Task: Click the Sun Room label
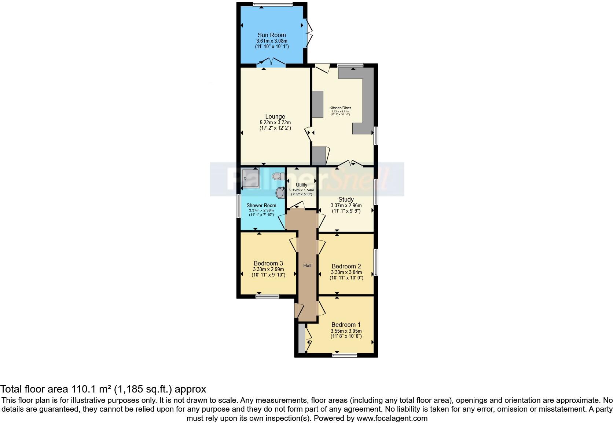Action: pyautogui.click(x=271, y=35)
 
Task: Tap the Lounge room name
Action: pyautogui.click(x=275, y=117)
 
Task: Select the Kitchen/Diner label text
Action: pyautogui.click(x=341, y=108)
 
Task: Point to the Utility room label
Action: pyautogui.click(x=302, y=185)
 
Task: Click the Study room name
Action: pyautogui.click(x=346, y=200)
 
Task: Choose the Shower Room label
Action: pyautogui.click(x=261, y=206)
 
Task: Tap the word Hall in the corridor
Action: pyautogui.click(x=307, y=265)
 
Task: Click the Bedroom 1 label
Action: pyautogui.click(x=346, y=325)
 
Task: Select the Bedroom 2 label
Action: pyautogui.click(x=346, y=266)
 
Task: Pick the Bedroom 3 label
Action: pyautogui.click(x=268, y=263)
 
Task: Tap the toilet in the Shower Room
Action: pyautogui.click(x=277, y=177)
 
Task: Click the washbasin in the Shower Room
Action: pyautogui.click(x=280, y=192)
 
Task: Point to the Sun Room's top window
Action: pyautogui.click(x=272, y=4)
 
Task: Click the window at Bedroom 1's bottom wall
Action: pyautogui.click(x=345, y=355)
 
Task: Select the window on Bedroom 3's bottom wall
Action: pyautogui.click(x=267, y=296)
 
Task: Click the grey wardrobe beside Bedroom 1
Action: pyautogui.click(x=301, y=338)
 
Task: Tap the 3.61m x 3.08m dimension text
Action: pyautogui.click(x=271, y=41)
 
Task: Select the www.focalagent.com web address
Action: pyautogui.click(x=392, y=418)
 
